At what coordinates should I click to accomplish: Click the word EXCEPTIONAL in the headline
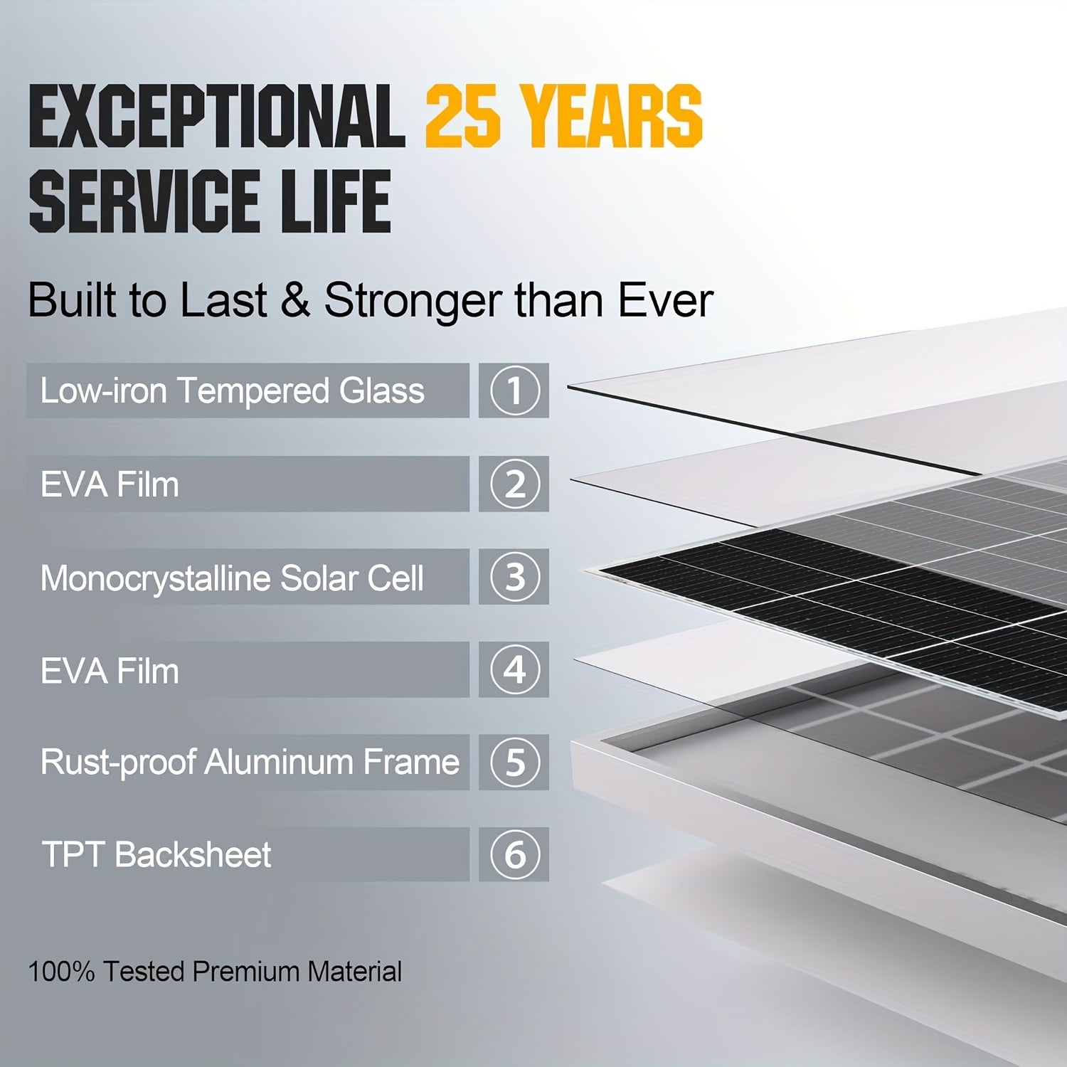pyautogui.click(x=217, y=116)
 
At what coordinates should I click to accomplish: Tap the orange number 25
pyautogui.click(x=462, y=116)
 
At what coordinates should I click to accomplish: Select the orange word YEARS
pyautogui.click(x=611, y=116)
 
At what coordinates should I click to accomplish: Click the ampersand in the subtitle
pyautogui.click(x=295, y=299)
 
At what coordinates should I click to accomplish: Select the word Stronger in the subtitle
pyautogui.click(x=413, y=299)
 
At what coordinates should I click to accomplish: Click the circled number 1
pyautogui.click(x=515, y=391)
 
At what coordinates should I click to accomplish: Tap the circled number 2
pyautogui.click(x=515, y=484)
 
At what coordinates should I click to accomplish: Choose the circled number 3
pyautogui.click(x=515, y=577)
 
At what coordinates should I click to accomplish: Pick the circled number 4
pyautogui.click(x=515, y=669)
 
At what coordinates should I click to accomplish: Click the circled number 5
pyautogui.click(x=515, y=762)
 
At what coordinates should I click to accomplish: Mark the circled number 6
pyautogui.click(x=515, y=854)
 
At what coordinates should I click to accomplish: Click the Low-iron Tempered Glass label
pyautogui.click(x=232, y=391)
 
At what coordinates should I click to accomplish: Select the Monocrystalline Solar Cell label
pyautogui.click(x=232, y=578)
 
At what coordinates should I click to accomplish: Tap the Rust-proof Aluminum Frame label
pyautogui.click(x=250, y=762)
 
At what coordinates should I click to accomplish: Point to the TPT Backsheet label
pyautogui.click(x=156, y=854)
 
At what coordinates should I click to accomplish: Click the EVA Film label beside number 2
pyautogui.click(x=110, y=484)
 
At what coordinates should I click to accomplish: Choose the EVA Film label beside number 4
pyautogui.click(x=110, y=671)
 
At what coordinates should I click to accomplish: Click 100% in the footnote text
pyautogui.click(x=61, y=972)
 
